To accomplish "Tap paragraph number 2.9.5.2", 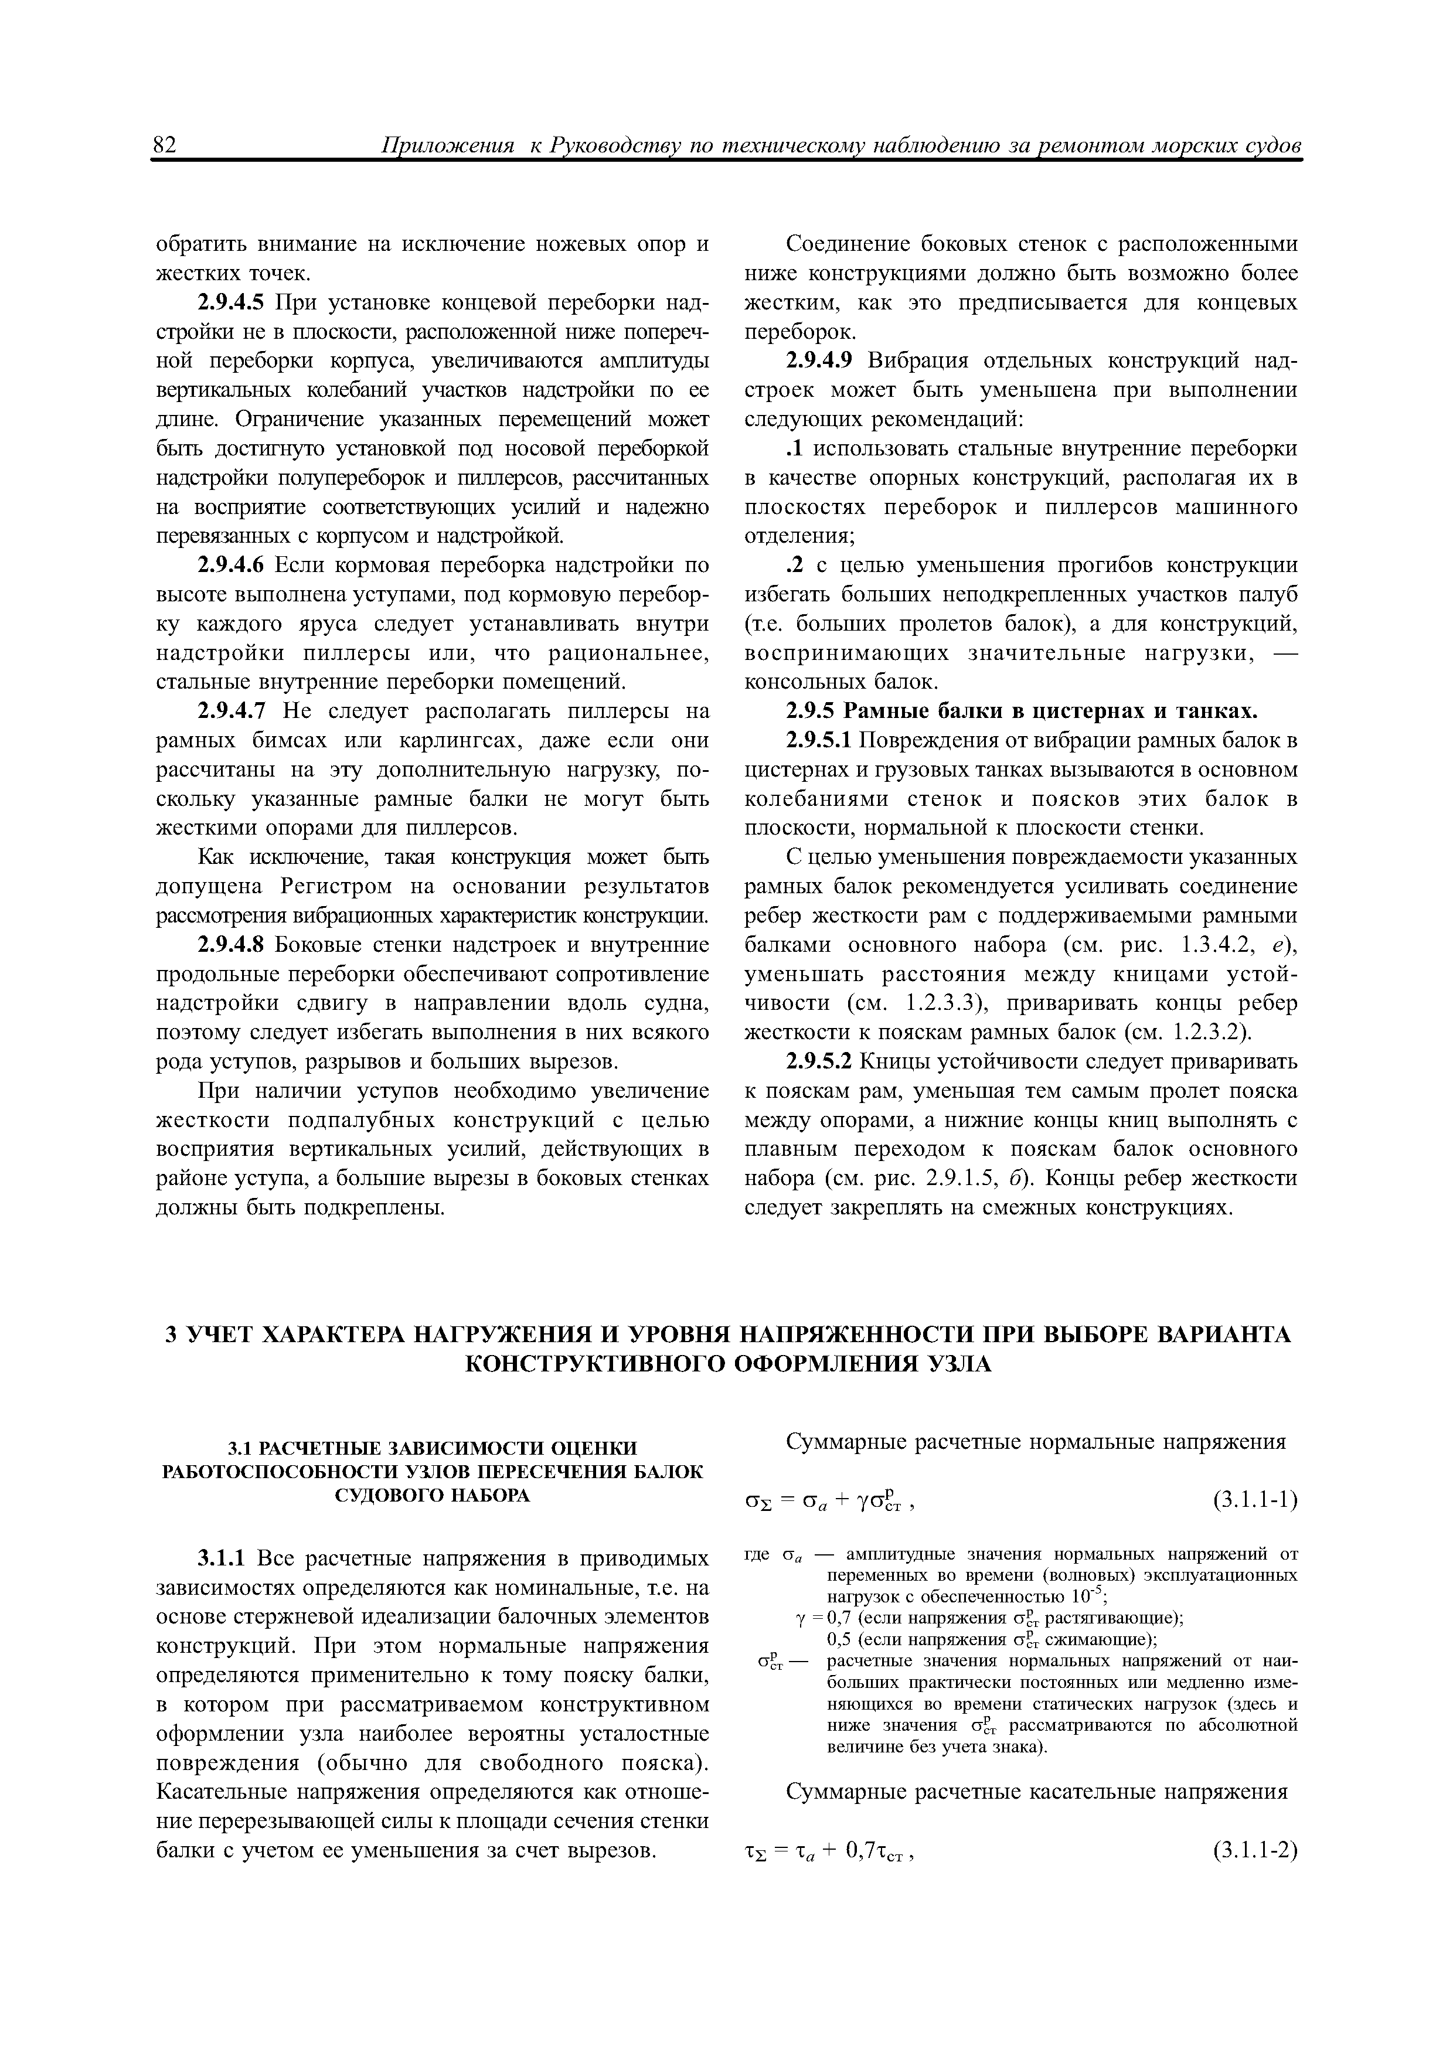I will (821, 1061).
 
